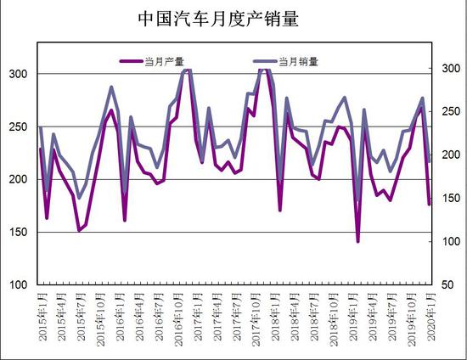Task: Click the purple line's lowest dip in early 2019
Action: pyautogui.click(x=358, y=241)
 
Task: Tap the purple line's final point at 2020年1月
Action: pyautogui.click(x=429, y=204)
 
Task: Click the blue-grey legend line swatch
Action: pyautogui.click(x=267, y=61)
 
